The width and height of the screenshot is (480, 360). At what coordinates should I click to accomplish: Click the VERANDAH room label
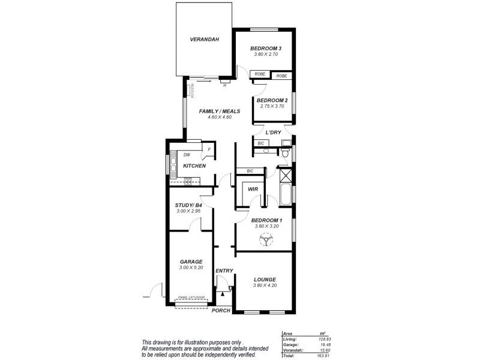coord(203,40)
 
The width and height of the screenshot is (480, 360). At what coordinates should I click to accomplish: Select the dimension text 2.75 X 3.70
coord(273,106)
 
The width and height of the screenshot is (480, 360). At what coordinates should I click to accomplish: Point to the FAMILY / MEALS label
coord(220,111)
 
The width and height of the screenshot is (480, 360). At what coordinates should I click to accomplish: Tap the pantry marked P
coord(209,150)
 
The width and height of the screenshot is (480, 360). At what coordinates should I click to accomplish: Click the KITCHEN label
coord(194,166)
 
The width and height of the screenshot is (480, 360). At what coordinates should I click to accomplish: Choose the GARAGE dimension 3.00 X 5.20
coord(191,268)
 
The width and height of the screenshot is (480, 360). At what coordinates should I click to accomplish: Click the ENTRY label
coord(224,271)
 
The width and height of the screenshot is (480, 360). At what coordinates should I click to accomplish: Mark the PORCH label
coord(222,310)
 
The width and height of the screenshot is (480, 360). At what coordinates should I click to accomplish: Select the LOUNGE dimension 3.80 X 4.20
coord(265,286)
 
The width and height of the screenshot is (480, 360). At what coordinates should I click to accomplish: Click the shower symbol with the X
coord(284,175)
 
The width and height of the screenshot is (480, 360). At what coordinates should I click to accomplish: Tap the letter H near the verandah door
coord(224,85)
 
